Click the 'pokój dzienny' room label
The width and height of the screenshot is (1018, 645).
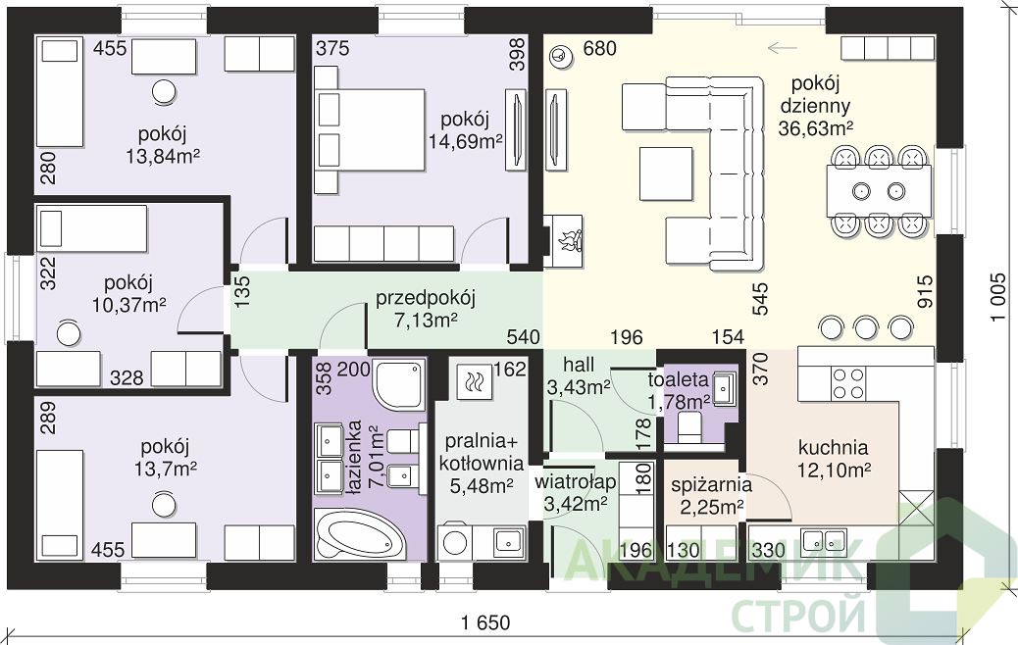point(815,94)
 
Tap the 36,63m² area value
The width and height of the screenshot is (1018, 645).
point(815,127)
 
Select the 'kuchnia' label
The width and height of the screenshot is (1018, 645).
point(833,447)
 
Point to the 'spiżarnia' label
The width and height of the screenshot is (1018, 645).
point(712,484)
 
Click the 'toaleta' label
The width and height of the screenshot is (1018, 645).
point(678,379)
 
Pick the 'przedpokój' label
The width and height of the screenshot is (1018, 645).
point(426,298)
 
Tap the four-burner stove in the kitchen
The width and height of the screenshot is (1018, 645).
point(849,383)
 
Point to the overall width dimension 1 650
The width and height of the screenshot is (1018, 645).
point(485,622)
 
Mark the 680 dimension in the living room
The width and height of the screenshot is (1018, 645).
point(600,48)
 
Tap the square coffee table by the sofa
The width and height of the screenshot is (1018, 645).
point(666,174)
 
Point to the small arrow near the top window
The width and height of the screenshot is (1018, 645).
point(782,47)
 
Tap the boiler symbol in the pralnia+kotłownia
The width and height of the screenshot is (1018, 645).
point(474,381)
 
